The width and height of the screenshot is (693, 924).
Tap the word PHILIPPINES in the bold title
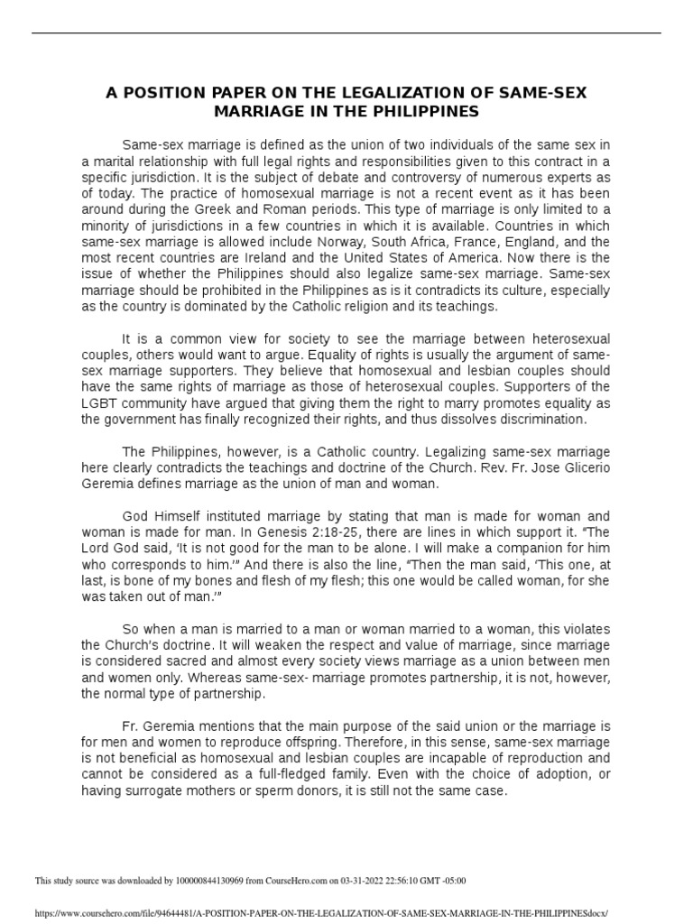(x=422, y=112)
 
